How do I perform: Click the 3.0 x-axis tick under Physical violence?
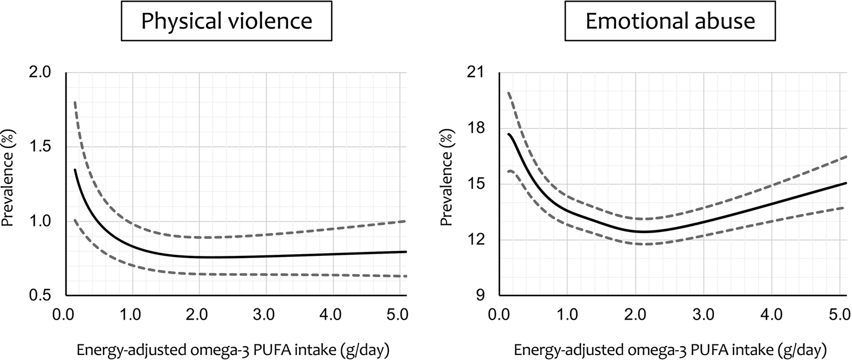click(x=266, y=316)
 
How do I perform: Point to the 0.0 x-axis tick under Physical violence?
click(x=66, y=316)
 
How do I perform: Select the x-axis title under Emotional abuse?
click(x=670, y=349)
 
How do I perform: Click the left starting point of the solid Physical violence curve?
click(x=75, y=170)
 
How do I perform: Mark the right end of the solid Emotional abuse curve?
click(x=845, y=183)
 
